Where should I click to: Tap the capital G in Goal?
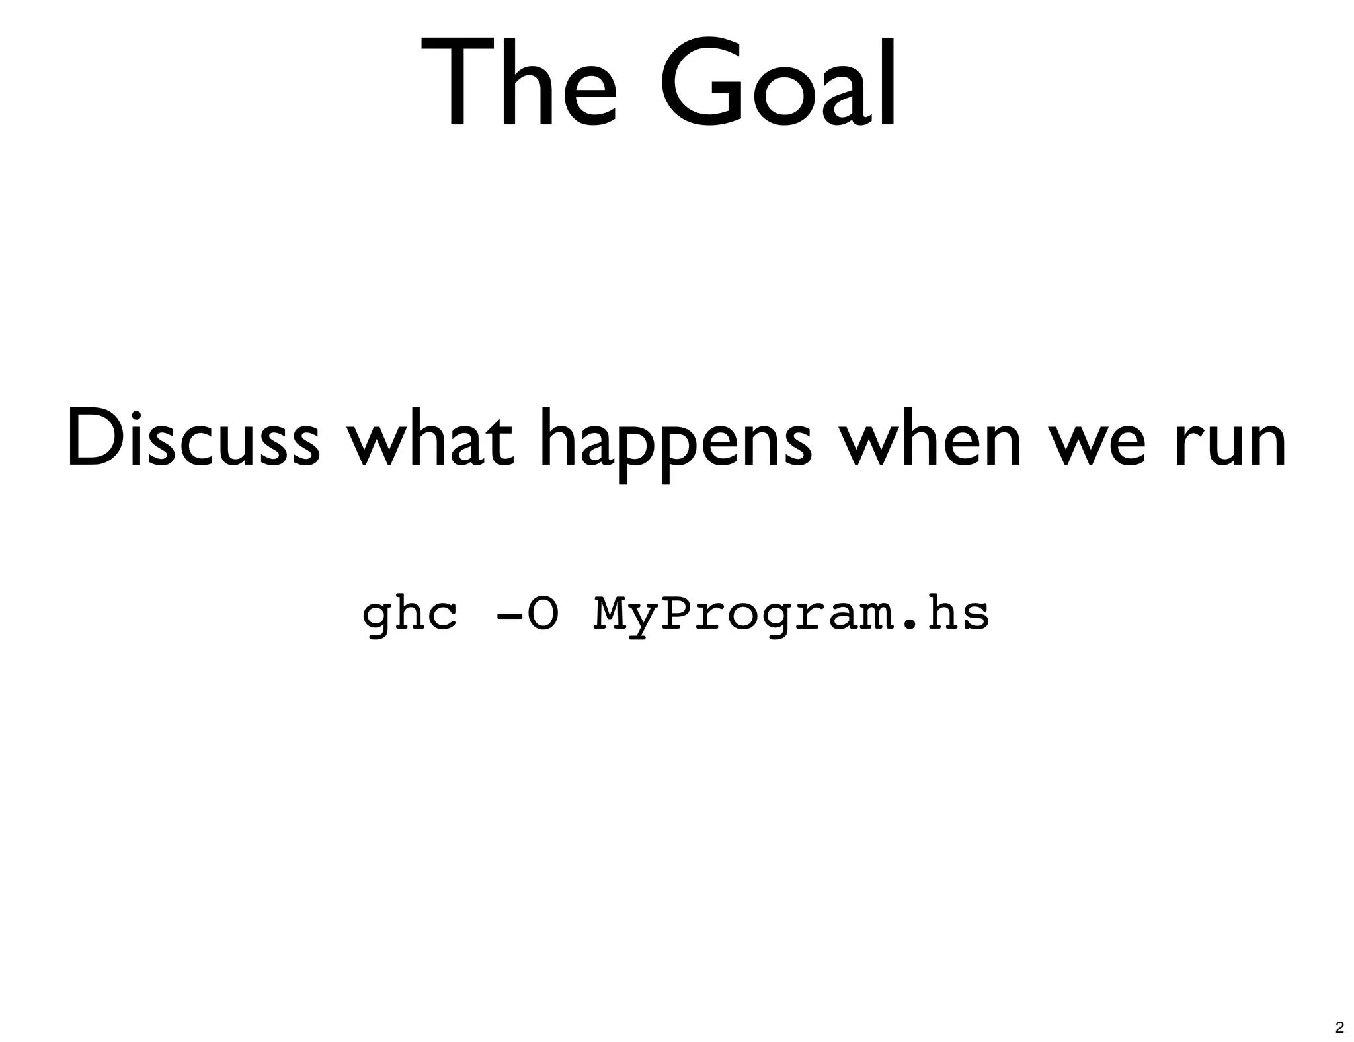click(705, 83)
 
